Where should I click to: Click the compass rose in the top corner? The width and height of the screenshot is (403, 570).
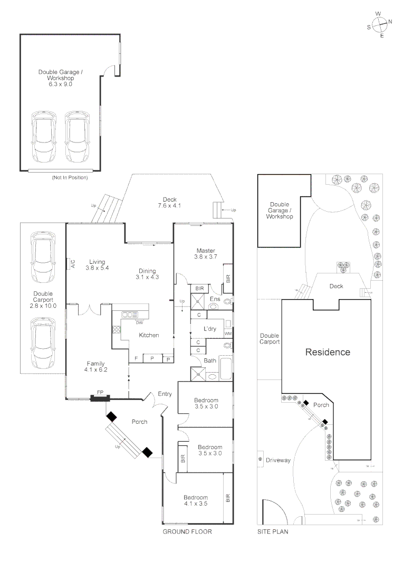tap(379, 24)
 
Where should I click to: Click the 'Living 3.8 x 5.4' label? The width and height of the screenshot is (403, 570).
tap(97, 265)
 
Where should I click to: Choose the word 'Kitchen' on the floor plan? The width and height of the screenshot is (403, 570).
tap(149, 335)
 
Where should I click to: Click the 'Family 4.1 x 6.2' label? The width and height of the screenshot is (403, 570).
tap(95, 367)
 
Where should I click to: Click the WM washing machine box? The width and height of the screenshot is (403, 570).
tap(228, 334)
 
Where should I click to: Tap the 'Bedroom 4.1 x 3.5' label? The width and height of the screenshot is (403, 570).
tap(195, 500)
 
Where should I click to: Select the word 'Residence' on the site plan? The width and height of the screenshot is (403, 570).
tap(328, 352)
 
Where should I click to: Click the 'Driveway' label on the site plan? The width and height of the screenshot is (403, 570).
tap(278, 460)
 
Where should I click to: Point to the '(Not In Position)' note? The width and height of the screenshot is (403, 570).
tap(70, 178)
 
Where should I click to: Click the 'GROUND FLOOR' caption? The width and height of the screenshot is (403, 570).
tap(187, 532)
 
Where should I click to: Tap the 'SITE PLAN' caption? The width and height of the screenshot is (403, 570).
tap(272, 532)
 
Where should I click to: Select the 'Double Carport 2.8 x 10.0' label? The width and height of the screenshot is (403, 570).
tap(43, 299)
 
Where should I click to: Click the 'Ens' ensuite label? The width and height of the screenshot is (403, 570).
tap(215, 299)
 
